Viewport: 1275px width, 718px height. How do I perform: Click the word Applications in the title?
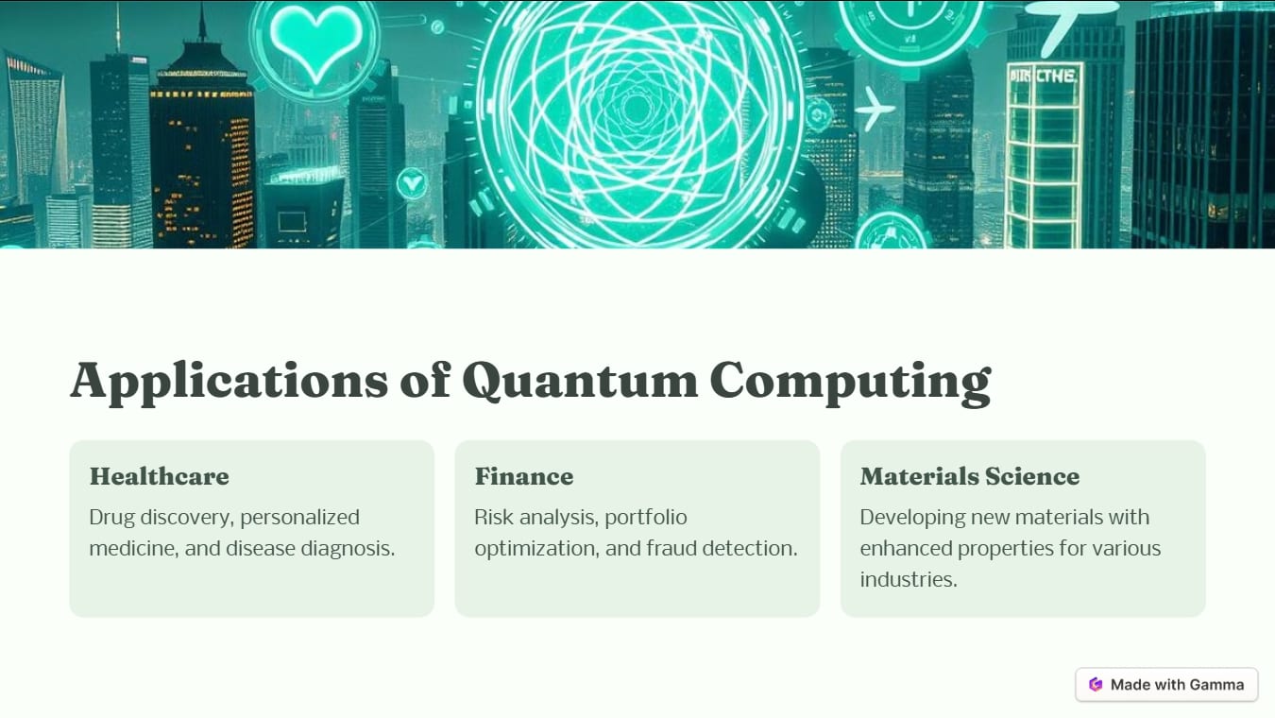pos(229,380)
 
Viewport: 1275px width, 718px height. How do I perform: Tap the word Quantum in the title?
pos(579,380)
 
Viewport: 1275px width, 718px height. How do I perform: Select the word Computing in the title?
pos(850,380)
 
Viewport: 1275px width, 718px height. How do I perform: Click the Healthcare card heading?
pos(159,476)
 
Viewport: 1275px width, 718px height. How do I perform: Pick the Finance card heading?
pos(523,476)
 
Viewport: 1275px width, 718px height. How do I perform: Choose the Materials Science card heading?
pos(969,476)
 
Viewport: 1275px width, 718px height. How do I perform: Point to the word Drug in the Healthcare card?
pos(110,517)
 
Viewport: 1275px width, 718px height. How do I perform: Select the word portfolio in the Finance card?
pos(646,517)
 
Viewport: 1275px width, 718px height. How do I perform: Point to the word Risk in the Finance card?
pos(493,517)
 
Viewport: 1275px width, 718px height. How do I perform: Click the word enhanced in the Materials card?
pos(906,548)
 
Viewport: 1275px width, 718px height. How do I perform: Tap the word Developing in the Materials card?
pos(909,517)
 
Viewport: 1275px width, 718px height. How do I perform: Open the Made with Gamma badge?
pos(1166,685)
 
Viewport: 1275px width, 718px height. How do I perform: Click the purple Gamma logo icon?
pos(1096,685)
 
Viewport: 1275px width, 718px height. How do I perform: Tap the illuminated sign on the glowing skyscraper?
pos(1044,76)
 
